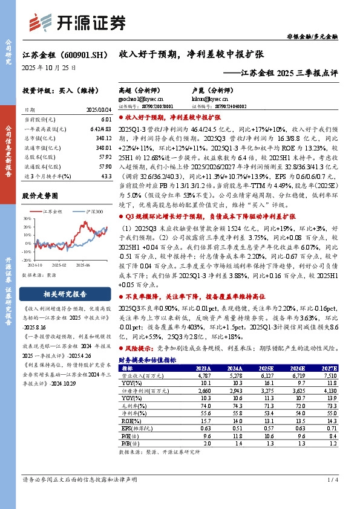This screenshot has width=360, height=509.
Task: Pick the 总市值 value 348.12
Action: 104,138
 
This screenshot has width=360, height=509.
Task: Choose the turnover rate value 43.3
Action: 107,175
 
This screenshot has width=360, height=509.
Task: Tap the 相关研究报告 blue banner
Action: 65,294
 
